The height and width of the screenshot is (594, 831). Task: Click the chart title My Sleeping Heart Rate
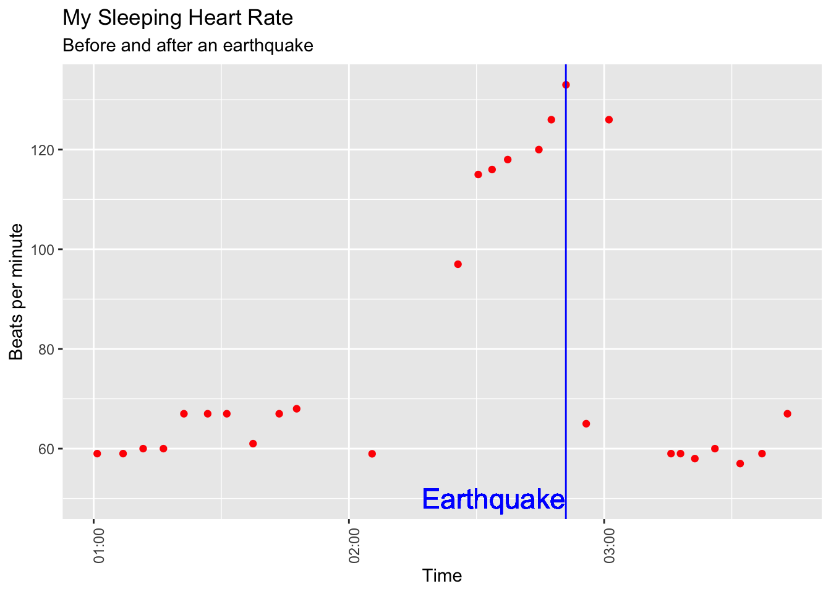point(178,18)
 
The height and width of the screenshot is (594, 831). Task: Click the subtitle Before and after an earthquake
point(188,46)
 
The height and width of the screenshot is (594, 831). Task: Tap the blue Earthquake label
point(493,499)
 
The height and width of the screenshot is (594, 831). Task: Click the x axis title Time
point(442,576)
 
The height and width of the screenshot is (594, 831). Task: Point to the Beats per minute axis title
point(17,291)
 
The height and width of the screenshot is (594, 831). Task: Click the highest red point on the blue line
point(566,85)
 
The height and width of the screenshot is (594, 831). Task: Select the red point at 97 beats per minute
point(458,264)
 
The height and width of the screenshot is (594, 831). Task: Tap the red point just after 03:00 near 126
point(609,119)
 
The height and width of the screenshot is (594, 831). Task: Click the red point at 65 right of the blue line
point(586,424)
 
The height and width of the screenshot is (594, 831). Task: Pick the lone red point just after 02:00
point(372,454)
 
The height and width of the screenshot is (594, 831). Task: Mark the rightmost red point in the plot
point(787,414)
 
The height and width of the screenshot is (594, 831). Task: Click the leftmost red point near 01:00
point(97,454)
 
